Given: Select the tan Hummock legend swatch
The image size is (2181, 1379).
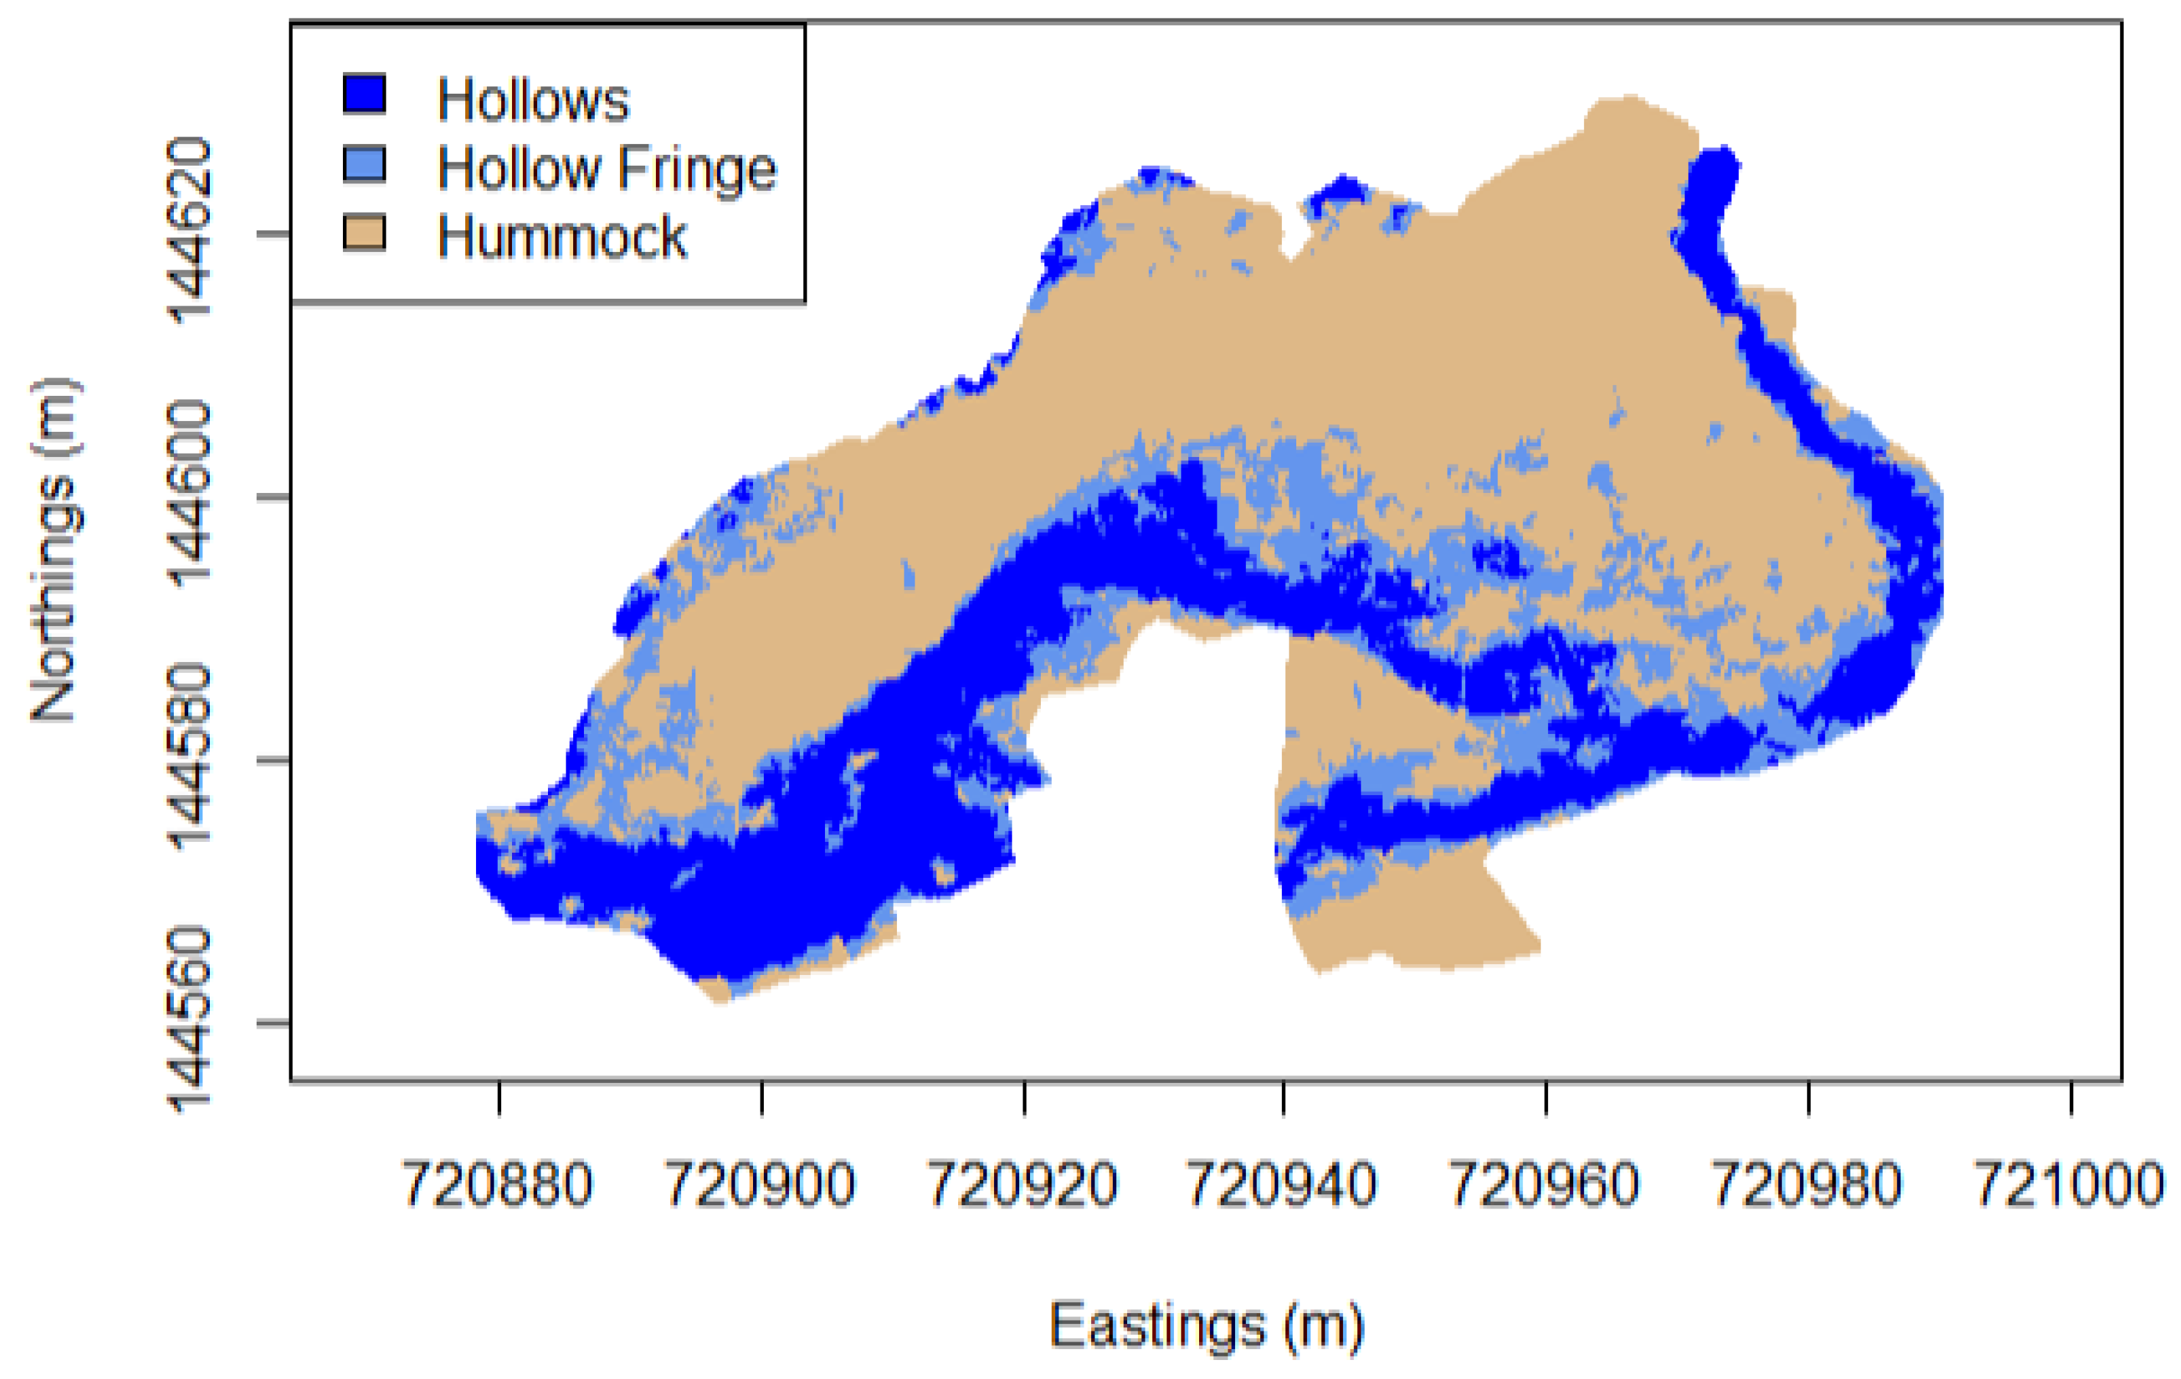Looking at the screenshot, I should (364, 233).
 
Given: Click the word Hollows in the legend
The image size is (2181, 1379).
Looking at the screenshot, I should (532, 100).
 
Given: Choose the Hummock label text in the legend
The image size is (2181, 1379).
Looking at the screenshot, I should (562, 237).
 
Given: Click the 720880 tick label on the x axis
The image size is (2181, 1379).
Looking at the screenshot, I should (497, 1184).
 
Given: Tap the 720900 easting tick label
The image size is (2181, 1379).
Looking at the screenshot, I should (760, 1184).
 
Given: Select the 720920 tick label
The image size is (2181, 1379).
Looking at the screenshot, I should (1023, 1184).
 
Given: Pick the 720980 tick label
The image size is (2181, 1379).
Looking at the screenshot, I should (1807, 1184).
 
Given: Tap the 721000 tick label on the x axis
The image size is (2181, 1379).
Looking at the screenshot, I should (2070, 1184).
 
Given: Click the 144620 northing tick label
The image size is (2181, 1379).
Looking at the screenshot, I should (190, 231).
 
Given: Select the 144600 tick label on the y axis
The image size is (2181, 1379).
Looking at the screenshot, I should (190, 494).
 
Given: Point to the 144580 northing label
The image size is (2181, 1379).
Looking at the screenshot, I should (190, 758).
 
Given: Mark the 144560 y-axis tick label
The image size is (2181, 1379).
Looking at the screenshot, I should (190, 1020).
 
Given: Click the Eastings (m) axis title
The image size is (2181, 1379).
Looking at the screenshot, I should (1207, 1327).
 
